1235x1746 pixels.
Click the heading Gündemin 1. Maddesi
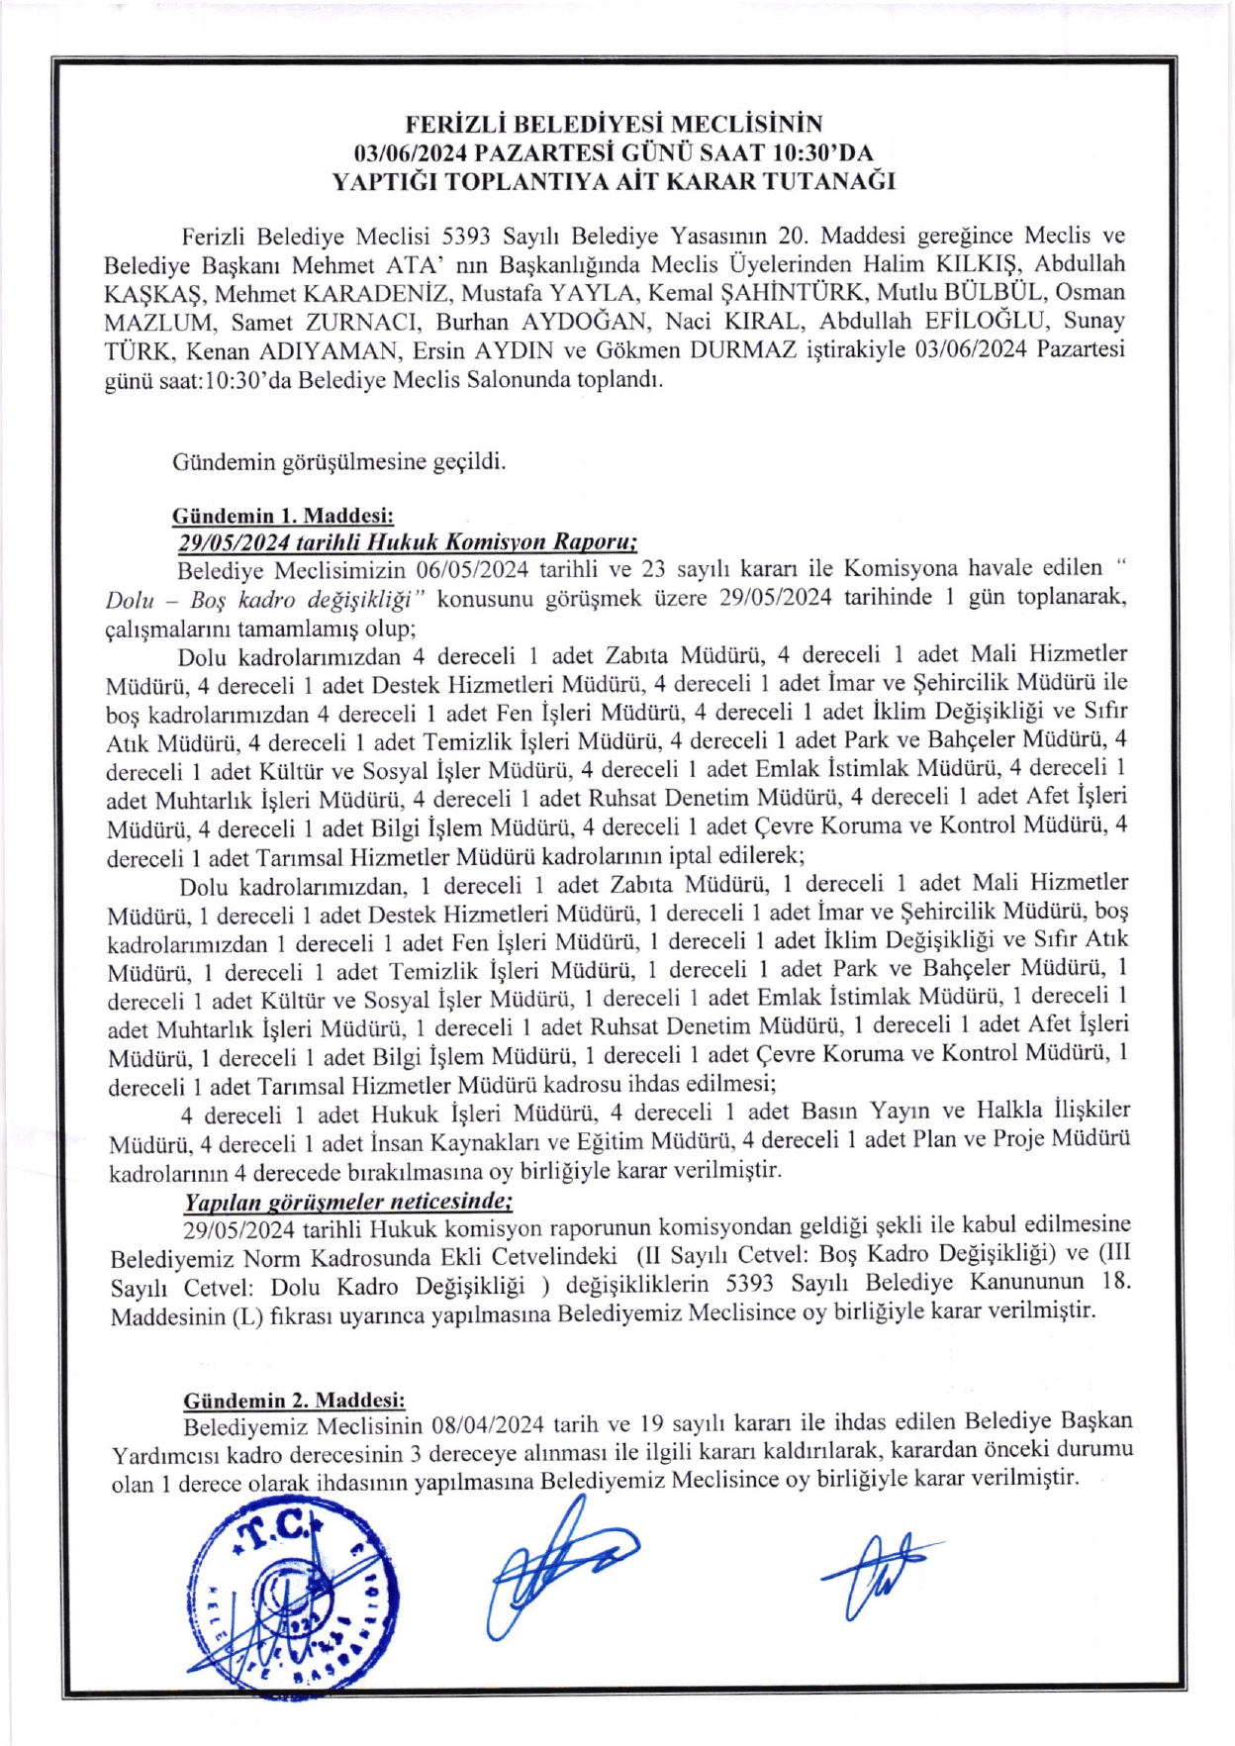coord(283,516)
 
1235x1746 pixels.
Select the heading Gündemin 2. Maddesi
coord(294,1401)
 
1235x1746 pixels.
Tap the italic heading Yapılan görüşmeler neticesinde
coord(347,1202)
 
